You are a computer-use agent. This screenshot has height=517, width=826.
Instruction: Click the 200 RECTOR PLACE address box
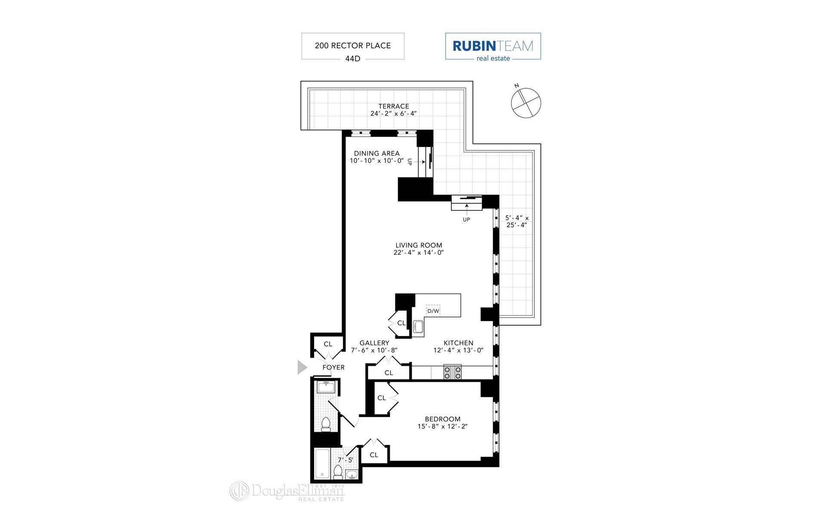click(353, 46)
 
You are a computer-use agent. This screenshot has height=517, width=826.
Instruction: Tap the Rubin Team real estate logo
click(493, 46)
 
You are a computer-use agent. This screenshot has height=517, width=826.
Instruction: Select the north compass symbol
click(525, 103)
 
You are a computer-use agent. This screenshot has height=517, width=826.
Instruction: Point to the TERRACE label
click(394, 106)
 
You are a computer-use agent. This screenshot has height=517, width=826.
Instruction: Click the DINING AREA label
click(376, 153)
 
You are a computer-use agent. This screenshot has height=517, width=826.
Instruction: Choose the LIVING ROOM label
click(419, 246)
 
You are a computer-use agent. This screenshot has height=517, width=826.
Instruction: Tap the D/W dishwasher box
click(433, 311)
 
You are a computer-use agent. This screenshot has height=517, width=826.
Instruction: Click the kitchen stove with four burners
click(452, 372)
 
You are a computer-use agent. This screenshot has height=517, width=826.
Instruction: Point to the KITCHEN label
click(458, 343)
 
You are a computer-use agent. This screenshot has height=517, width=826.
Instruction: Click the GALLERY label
click(374, 343)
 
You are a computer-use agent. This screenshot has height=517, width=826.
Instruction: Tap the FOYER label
click(333, 368)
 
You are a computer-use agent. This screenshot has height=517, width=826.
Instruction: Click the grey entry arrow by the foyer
click(302, 368)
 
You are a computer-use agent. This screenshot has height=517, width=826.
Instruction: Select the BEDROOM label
click(442, 419)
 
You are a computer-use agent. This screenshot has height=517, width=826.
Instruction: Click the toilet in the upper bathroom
click(326, 424)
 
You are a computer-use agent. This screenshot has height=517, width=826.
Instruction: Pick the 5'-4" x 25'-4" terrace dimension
click(517, 221)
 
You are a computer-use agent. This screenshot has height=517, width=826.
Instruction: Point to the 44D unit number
click(352, 59)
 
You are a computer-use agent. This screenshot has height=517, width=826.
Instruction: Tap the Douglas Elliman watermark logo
click(287, 491)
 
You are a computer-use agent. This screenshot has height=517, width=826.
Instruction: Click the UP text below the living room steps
click(466, 220)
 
